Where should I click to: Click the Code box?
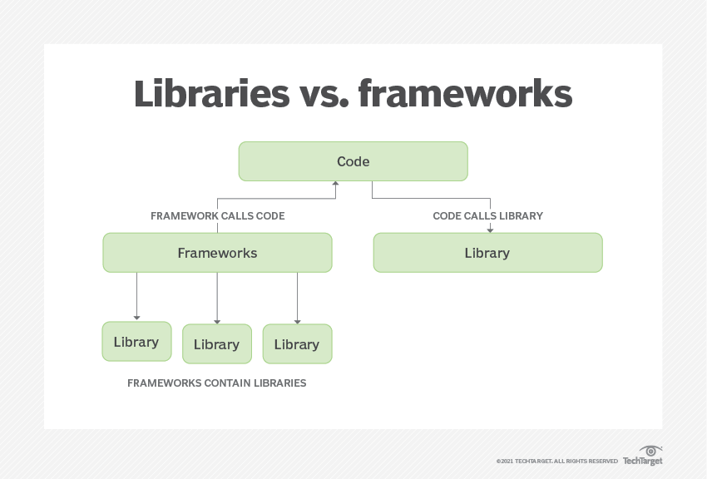click(353, 161)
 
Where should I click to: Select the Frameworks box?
click(217, 253)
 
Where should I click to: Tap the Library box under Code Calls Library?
click(487, 253)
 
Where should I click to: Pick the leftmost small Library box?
click(136, 342)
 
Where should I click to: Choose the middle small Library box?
click(216, 344)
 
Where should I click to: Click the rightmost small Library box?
click(297, 344)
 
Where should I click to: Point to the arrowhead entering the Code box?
click(336, 185)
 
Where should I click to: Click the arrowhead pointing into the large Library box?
click(490, 229)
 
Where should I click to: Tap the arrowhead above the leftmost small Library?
click(136, 317)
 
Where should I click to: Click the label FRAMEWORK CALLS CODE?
click(217, 216)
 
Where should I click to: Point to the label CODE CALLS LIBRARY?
click(487, 216)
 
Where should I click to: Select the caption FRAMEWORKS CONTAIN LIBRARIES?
click(216, 383)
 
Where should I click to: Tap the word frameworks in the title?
click(465, 95)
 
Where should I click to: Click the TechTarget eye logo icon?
click(650, 450)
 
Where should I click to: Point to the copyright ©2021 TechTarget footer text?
click(556, 461)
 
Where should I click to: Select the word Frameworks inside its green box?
click(217, 253)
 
